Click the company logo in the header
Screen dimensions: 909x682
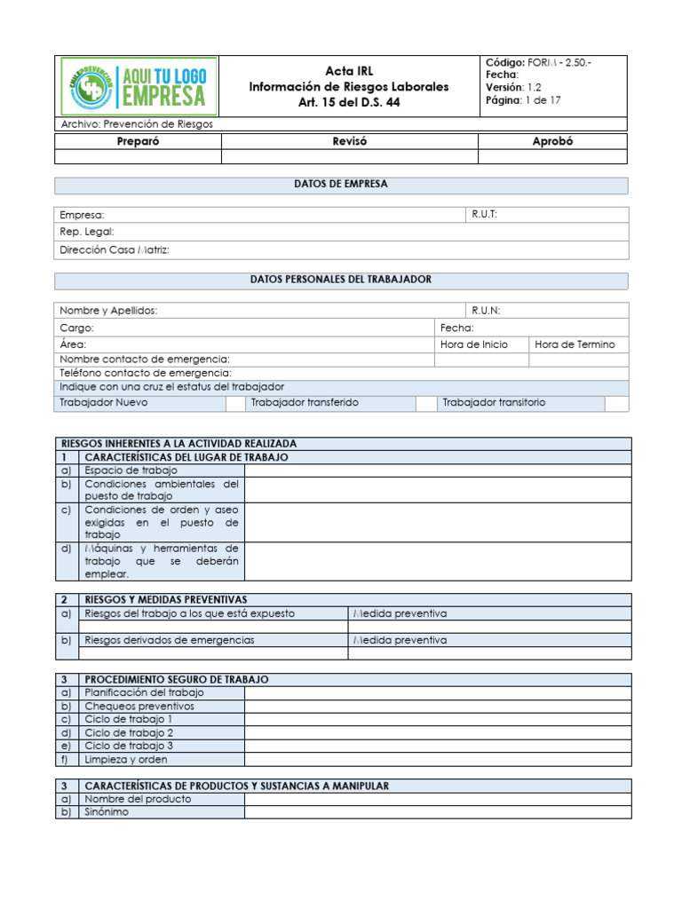(137, 85)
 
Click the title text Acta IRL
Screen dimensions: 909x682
(348, 70)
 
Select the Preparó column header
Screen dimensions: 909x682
(138, 141)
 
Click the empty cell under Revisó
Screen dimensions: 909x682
(349, 157)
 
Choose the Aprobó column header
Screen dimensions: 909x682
(552, 141)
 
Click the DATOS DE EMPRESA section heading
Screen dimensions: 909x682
(341, 185)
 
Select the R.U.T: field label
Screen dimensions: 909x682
(485, 215)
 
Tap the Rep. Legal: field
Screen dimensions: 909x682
(87, 232)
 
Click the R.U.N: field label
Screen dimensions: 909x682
(487, 311)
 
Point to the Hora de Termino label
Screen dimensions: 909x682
(575, 344)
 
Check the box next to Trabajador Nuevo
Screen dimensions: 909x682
(234, 403)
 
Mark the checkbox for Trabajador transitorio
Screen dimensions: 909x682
(616, 403)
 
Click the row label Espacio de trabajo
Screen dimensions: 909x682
(131, 470)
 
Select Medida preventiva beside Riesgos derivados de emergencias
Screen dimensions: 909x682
(400, 640)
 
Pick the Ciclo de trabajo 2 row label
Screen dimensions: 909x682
(129, 733)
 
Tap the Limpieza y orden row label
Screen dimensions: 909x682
(125, 760)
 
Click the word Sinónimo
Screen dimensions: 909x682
(107, 812)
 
